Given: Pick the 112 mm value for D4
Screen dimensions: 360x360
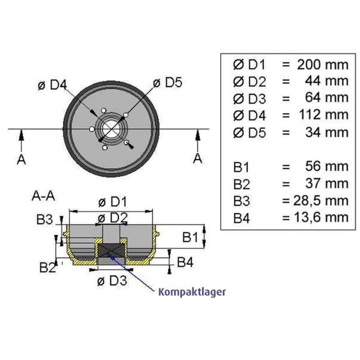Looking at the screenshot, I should [323, 115].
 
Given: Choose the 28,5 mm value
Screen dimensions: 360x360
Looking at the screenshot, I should [319, 200].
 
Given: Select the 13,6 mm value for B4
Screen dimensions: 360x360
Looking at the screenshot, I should [319, 217].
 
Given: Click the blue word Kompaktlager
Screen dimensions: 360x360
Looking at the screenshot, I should [192, 291].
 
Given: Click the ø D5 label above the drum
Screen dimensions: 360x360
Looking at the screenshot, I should [167, 82].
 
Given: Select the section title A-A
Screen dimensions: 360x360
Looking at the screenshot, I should [44, 196].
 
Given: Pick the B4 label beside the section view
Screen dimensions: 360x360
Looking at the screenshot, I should [185, 261].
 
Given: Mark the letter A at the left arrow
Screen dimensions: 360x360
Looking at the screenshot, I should [21, 158].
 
